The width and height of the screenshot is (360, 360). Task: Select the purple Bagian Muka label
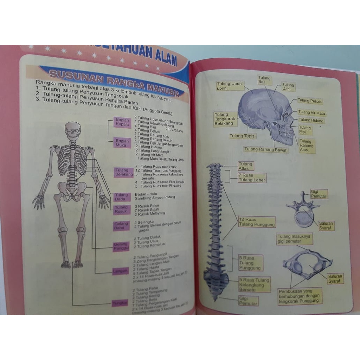click(x=122, y=143)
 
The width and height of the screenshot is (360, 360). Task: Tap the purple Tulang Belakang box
click(x=124, y=172)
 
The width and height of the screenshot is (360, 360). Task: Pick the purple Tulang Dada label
click(x=122, y=197)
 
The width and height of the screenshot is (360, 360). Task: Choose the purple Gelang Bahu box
click(x=122, y=226)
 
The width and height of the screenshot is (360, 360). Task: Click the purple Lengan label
click(x=121, y=271)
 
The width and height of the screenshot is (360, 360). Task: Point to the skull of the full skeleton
click(x=73, y=131)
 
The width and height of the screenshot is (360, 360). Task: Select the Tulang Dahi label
click(x=288, y=87)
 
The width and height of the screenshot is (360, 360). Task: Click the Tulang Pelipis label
click(x=309, y=101)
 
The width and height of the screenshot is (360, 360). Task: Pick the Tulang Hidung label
click(x=311, y=120)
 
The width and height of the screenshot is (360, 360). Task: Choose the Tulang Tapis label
click(x=242, y=136)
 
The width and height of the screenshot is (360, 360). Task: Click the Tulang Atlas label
click(x=245, y=166)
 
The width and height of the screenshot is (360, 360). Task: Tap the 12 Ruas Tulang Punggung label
click(x=257, y=222)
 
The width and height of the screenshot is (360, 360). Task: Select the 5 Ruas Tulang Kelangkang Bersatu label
click(x=254, y=284)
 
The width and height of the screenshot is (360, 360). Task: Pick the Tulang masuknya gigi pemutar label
click(x=294, y=239)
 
